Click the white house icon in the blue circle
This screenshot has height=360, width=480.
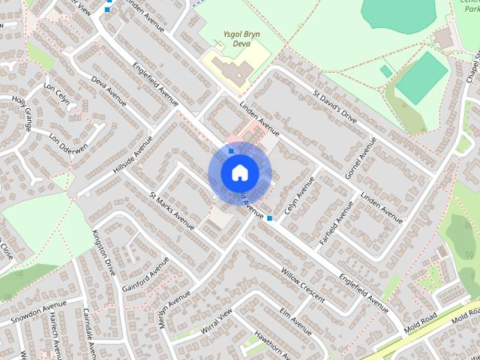click(x=239, y=172)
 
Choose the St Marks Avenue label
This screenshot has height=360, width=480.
click(x=172, y=211)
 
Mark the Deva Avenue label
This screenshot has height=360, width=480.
click(x=107, y=90)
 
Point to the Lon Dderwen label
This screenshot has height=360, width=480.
click(x=64, y=139)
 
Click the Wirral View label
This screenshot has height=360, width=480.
click(x=217, y=321)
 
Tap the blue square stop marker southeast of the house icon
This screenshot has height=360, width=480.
click(x=269, y=218)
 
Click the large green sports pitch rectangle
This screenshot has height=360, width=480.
click(x=421, y=78)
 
